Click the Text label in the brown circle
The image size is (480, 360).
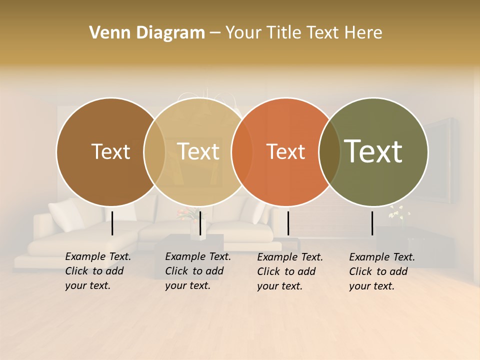110,151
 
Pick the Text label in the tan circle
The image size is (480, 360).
198,151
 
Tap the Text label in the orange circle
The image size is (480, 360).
285,151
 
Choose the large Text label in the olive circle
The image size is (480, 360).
373,151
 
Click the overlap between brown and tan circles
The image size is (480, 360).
154,152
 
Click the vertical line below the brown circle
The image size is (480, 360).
112,223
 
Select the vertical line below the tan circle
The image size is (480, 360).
200,223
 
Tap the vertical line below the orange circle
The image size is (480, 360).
288,223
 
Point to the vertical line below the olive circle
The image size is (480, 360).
372,223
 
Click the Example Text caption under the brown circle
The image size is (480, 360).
98,271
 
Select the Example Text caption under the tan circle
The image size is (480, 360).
198,271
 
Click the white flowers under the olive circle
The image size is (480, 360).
399,212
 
